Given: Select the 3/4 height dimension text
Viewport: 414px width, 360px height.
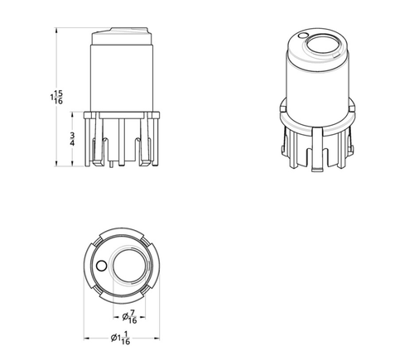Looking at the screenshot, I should [x=73, y=138].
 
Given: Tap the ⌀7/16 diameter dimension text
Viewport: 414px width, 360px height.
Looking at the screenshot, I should [x=131, y=314].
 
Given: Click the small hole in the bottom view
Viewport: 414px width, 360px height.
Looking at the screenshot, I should [x=101, y=266].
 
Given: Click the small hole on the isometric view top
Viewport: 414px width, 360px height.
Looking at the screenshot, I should [x=306, y=36].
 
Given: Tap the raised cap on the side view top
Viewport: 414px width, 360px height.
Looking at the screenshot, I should [x=122, y=35].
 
